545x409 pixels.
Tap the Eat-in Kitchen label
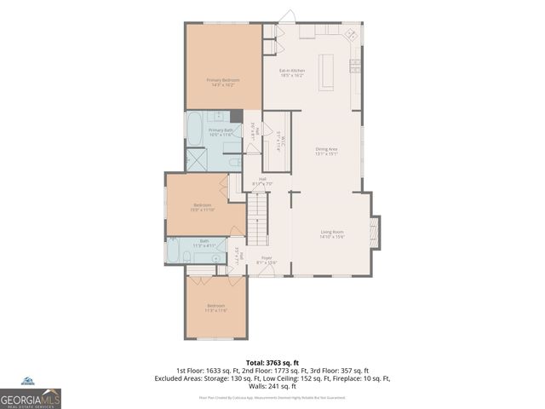point(292,72)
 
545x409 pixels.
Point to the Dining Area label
point(327,152)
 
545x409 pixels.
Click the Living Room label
point(331,233)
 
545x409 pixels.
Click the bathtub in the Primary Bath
point(194,129)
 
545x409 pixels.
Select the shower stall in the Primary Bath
point(196,159)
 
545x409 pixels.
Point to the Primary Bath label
point(221,132)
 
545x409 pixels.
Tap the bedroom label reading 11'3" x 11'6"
point(215,308)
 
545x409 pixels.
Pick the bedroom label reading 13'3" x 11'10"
point(203,207)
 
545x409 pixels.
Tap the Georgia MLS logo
point(30,396)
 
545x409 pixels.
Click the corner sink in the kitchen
point(349,37)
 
